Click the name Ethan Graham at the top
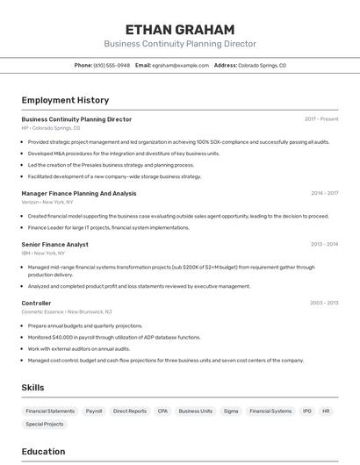(180, 29)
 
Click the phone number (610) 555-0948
(112, 65)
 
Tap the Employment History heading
(65, 100)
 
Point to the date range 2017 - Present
(321, 118)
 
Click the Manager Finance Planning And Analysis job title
(79, 193)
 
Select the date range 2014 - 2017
(324, 193)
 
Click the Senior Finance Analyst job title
(54, 244)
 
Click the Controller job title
(36, 303)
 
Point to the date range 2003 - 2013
(324, 303)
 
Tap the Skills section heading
(32, 387)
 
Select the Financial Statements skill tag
(50, 411)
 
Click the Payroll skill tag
(94, 411)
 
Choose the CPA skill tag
(163, 411)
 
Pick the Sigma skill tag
(231, 411)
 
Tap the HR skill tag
(326, 411)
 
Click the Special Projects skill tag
(45, 424)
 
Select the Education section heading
(43, 452)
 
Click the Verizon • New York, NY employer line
(47, 202)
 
